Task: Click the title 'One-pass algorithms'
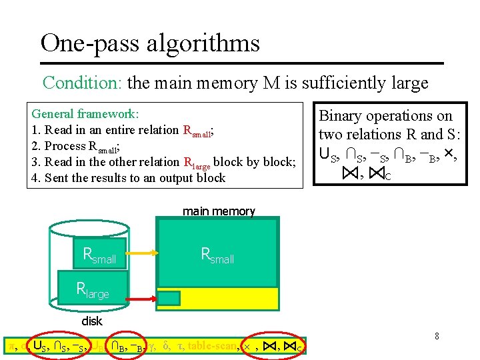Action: [150, 43]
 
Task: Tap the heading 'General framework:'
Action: [85, 114]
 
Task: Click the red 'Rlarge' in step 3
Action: [201, 163]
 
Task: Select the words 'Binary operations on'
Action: [386, 115]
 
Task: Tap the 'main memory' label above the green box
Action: [219, 211]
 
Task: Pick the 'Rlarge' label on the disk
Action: [93, 290]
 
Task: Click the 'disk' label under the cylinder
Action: [92, 321]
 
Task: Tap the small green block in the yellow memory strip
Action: [169, 298]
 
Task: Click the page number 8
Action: [437, 336]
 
